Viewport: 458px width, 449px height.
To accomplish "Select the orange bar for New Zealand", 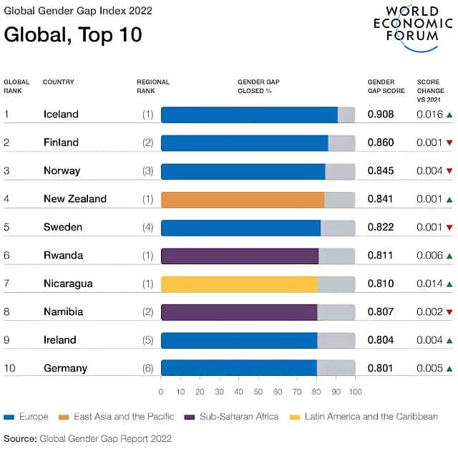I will pos(243,199).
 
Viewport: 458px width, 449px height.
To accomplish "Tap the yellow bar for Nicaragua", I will pos(239,284).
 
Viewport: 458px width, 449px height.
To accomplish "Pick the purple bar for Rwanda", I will pos(240,256).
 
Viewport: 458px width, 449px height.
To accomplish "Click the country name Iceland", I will pos(61,114).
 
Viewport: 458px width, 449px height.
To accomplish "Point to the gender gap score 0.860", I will pos(381,143).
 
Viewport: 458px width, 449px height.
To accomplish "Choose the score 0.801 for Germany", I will pos(381,368).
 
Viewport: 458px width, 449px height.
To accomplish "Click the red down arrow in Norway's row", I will pos(449,171).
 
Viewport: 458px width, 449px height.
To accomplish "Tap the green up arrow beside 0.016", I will pos(449,115).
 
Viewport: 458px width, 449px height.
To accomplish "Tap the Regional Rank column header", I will pos(153,86).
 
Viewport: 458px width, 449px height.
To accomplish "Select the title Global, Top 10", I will pos(73,34).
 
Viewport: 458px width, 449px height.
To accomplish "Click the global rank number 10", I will pos(9,368).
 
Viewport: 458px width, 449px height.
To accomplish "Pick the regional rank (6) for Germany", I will pos(148,368).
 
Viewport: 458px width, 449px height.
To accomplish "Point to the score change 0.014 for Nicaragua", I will pos(429,284).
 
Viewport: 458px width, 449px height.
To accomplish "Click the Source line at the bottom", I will pos(87,438).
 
